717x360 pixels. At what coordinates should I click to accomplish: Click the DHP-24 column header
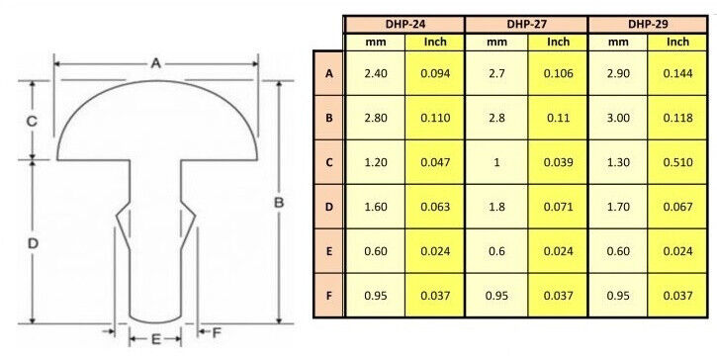(x=404, y=25)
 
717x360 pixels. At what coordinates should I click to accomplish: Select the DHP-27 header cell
(x=526, y=25)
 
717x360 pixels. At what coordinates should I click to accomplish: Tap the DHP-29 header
(x=648, y=25)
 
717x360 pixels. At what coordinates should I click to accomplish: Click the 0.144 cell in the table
(x=677, y=73)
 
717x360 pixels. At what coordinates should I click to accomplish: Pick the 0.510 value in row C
(x=677, y=162)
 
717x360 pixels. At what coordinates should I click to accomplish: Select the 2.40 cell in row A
(x=376, y=73)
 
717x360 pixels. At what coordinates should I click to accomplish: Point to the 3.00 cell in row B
(x=618, y=118)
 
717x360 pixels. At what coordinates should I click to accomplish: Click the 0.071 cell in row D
(x=558, y=207)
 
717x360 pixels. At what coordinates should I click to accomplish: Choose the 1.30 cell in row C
(x=618, y=162)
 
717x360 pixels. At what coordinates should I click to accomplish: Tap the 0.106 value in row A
(x=558, y=73)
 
